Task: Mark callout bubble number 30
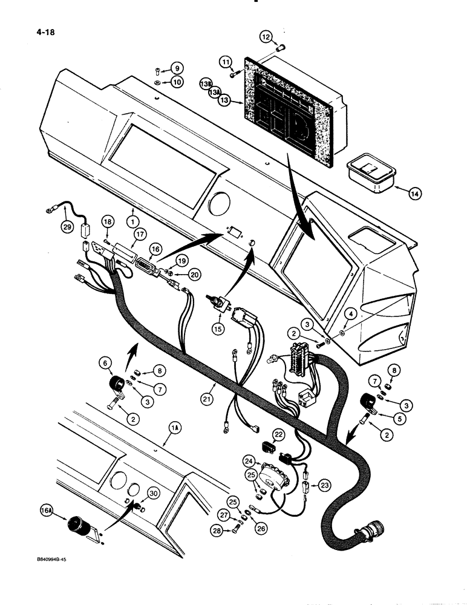pyautogui.click(x=154, y=494)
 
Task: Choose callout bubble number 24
pyautogui.click(x=249, y=461)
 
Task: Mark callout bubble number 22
pyautogui.click(x=278, y=435)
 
